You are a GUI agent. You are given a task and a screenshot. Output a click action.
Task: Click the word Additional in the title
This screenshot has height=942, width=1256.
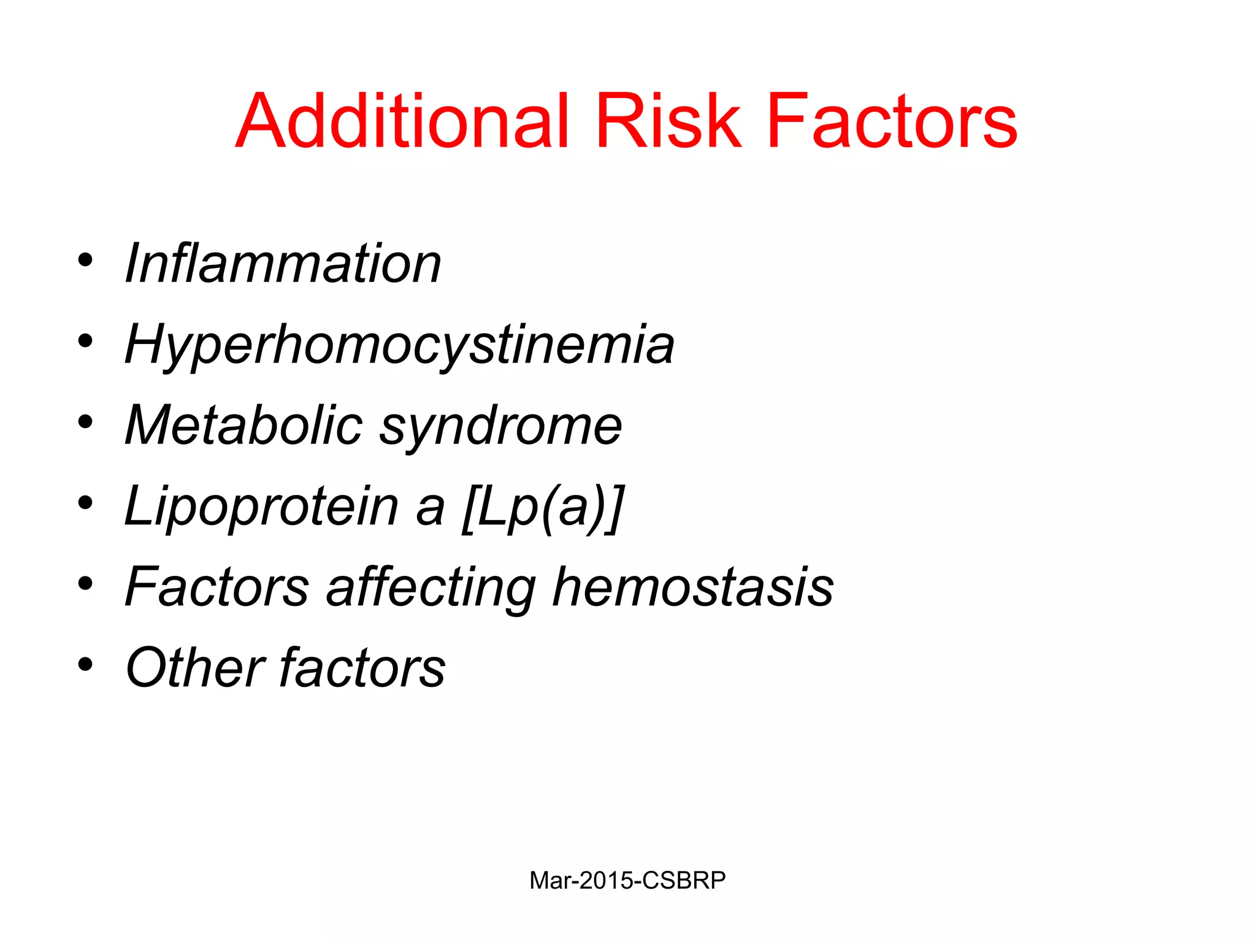[402, 121]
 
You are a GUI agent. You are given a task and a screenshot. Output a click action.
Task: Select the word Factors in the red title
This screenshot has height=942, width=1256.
[892, 121]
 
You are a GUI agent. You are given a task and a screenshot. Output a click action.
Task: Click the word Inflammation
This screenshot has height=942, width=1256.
[283, 264]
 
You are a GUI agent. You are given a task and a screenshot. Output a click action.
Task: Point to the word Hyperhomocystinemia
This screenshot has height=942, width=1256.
[399, 345]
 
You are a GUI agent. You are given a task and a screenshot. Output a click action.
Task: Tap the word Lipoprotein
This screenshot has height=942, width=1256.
[261, 507]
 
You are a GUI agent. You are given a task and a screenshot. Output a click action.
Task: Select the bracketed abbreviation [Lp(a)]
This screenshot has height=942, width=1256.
[543, 507]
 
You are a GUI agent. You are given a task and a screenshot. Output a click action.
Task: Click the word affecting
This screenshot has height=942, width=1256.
[431, 588]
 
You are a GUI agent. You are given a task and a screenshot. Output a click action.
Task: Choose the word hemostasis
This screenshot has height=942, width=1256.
[693, 587]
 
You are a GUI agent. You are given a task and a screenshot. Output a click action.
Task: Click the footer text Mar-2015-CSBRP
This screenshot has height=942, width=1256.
[627, 881]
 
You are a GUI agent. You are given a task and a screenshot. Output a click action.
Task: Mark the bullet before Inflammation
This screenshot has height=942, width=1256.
[85, 260]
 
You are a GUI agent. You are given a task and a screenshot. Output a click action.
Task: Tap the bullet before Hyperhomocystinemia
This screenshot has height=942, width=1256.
[85, 341]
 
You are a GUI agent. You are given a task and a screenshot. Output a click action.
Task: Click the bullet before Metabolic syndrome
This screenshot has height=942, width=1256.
[85, 422]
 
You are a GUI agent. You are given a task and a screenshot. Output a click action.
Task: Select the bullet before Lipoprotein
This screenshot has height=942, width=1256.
[85, 503]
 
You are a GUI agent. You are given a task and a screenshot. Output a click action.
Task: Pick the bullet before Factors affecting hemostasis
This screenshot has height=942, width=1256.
[85, 584]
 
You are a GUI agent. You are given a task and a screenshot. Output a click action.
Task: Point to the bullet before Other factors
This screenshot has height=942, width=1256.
[85, 664]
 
